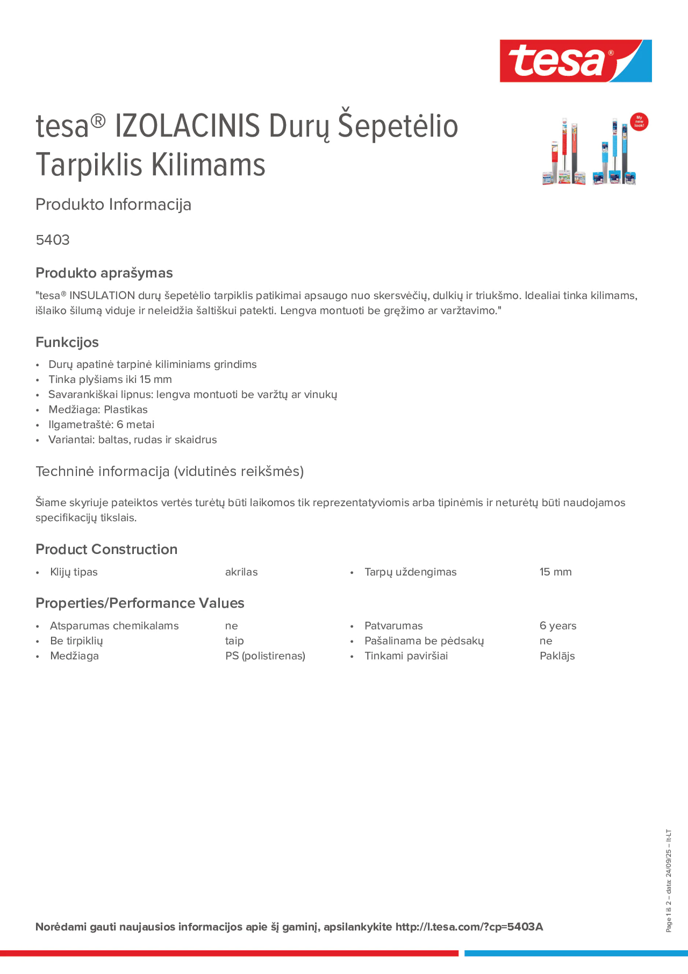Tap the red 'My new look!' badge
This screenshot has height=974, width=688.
point(639,122)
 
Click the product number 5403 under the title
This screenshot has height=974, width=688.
point(53,240)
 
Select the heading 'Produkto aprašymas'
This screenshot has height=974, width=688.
point(104,273)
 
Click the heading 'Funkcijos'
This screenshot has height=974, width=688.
point(67,342)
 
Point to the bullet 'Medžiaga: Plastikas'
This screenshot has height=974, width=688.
point(98,410)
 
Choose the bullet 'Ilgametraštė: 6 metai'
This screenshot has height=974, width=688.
point(101,424)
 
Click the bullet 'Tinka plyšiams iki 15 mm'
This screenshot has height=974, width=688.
point(110,379)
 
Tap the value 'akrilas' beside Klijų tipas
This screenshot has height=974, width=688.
point(241,572)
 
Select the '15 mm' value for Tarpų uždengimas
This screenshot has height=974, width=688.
point(555,572)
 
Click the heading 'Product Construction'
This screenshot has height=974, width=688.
point(106,550)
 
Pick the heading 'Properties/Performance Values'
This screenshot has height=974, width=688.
point(140,603)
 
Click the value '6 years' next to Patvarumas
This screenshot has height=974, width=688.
point(558,626)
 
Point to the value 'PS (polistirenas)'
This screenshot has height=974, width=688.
point(265,656)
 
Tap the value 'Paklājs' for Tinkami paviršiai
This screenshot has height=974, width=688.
point(557,656)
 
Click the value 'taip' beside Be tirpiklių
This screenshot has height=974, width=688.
point(234,641)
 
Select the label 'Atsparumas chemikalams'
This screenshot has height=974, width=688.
point(114,626)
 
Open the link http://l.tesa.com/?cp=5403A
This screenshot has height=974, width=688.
point(469,927)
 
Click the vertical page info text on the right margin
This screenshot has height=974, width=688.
point(668,880)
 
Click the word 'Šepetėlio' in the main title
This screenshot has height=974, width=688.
point(397,127)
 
